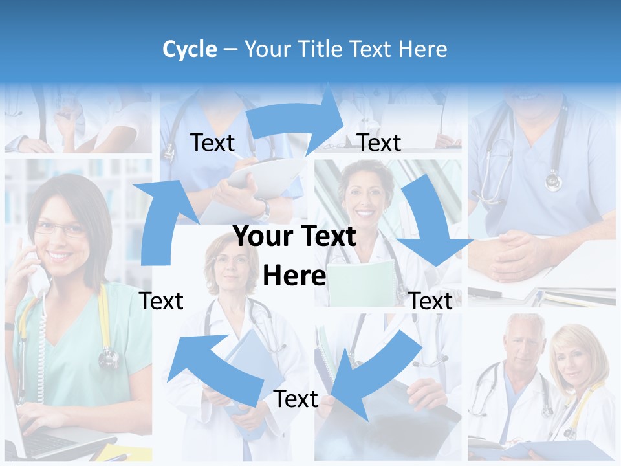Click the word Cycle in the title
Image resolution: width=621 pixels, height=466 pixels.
tap(190, 49)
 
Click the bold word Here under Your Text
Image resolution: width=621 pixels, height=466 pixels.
tap(294, 276)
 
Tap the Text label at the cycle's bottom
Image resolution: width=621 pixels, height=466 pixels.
tap(296, 399)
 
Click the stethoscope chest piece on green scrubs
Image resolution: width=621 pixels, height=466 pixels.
tap(109, 357)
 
